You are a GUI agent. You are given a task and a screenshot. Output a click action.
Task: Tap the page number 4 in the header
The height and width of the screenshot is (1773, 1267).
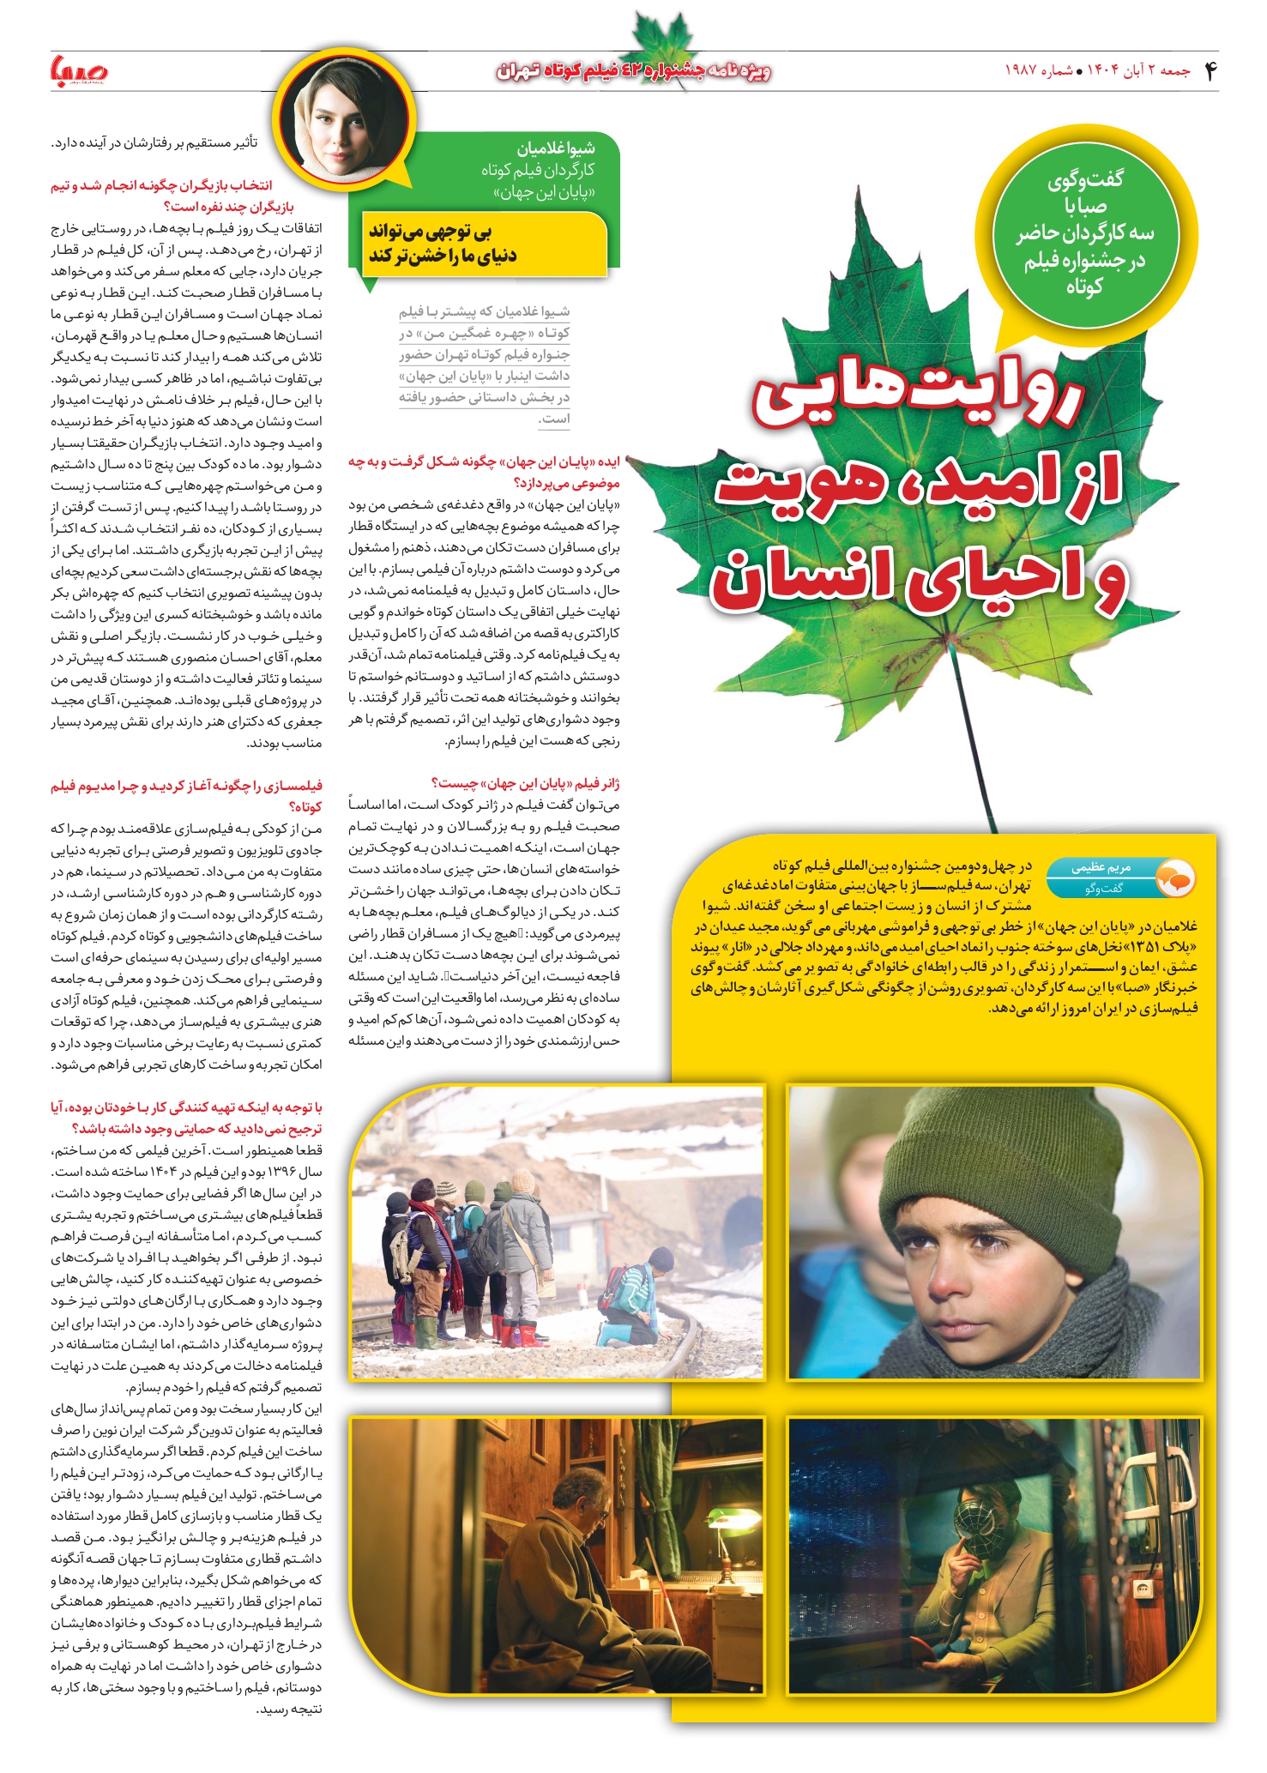pos(1210,71)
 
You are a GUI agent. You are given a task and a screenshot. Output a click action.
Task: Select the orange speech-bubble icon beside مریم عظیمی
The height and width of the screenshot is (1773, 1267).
pos(1175,877)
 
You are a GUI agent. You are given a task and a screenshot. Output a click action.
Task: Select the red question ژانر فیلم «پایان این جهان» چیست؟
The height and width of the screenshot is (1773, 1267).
pos(525,783)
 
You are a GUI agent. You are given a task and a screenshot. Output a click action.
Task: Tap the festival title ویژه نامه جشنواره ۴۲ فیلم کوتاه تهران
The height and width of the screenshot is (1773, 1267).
pos(633,71)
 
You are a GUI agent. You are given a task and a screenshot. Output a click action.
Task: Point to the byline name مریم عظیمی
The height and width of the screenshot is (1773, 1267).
pos(1101,867)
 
